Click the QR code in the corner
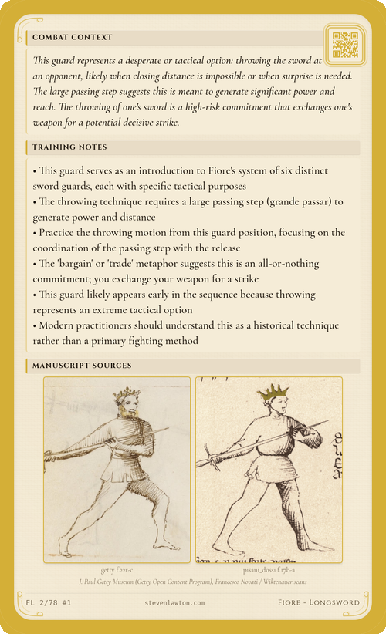point(344,45)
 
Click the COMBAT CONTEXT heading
point(73,37)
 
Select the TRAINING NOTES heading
point(69,147)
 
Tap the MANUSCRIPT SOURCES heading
point(82,365)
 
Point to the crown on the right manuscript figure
point(273,393)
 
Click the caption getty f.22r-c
point(117,570)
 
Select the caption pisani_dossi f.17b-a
point(269,570)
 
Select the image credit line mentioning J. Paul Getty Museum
point(193,582)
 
